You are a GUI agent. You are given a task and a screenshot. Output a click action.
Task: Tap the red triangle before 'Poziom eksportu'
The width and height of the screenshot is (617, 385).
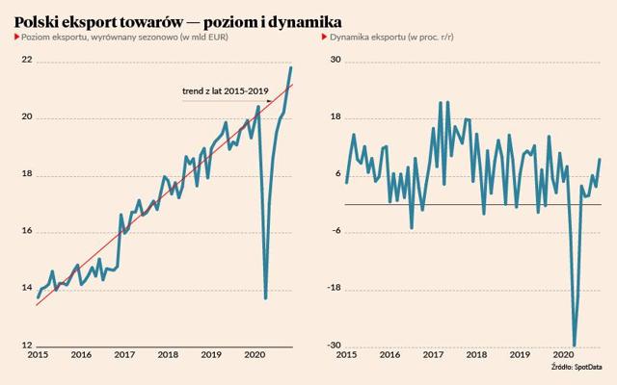point(17,37)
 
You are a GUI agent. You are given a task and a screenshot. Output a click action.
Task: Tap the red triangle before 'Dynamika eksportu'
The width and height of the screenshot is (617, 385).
point(325,37)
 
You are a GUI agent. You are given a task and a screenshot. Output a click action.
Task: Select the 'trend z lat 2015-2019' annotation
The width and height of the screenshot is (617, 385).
point(225,91)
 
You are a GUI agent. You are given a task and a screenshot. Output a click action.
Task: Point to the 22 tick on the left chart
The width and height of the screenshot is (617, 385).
point(27,60)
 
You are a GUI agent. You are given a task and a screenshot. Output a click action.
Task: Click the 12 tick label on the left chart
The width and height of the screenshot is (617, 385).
point(27,346)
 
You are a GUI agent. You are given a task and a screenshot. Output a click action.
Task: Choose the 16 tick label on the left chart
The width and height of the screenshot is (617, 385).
point(27,231)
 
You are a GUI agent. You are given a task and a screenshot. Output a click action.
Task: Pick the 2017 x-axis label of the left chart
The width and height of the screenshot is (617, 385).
point(124,355)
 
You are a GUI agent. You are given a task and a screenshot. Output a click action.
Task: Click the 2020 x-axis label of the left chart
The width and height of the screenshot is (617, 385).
point(255,355)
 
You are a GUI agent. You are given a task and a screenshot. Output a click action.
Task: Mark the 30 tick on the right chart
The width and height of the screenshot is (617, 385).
point(335,60)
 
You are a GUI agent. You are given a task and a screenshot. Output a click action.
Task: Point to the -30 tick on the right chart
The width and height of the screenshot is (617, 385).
point(335,346)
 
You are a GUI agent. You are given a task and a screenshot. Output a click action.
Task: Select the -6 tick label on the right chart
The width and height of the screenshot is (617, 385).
point(336,231)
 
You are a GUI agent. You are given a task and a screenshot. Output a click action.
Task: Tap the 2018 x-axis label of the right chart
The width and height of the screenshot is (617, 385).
point(476,355)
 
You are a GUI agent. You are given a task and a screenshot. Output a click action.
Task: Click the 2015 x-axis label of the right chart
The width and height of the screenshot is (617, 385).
point(346,355)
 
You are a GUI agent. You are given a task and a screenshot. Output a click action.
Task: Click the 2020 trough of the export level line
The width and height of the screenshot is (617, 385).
point(266,298)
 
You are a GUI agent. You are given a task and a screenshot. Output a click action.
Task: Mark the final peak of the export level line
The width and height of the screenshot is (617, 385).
point(291,67)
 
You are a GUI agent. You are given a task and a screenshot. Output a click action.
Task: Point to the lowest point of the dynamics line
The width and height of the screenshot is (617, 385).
point(575,346)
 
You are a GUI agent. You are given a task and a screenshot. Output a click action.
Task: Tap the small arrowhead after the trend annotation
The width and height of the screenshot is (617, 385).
point(270,101)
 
